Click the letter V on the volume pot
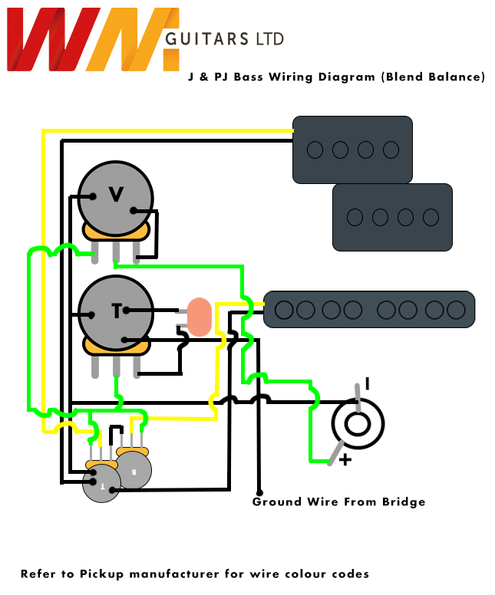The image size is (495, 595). coord(116,195)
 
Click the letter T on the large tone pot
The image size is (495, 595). coord(116,311)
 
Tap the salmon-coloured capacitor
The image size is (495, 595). coord(200,317)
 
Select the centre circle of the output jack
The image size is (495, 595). coord(357,423)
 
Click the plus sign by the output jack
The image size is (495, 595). coord(345,460)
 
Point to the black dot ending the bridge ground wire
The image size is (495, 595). coord(259,492)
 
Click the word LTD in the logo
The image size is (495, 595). coord(269,38)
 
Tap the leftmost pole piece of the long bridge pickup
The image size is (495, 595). coord(285,310)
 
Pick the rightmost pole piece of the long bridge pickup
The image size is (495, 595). coord(456,310)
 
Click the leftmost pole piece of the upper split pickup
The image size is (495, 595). coord(315,150)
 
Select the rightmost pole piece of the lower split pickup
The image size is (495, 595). coord(431,217)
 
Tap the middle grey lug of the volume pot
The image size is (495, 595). coord(116,251)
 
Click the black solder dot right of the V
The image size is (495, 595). coord(135,211)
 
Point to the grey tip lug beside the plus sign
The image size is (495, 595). coord(335,453)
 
